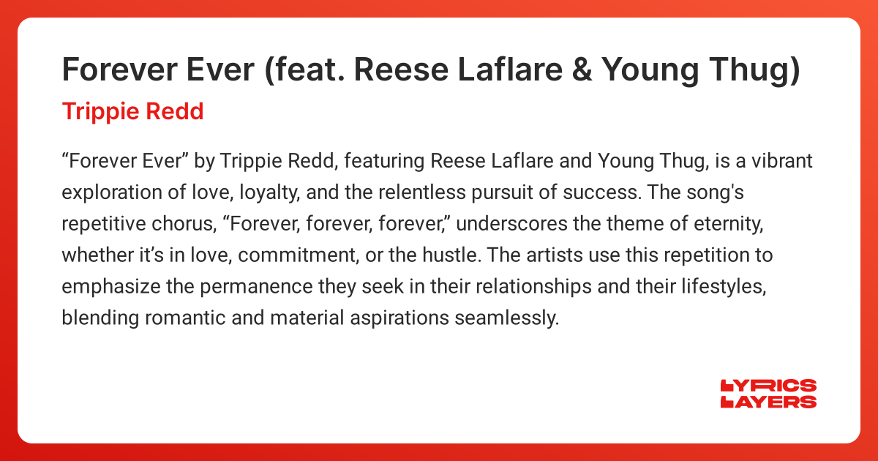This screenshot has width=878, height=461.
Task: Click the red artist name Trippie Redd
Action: point(132,112)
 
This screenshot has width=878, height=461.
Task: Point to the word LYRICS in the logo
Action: point(768,386)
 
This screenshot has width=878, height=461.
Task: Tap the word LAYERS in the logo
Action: point(768,401)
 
